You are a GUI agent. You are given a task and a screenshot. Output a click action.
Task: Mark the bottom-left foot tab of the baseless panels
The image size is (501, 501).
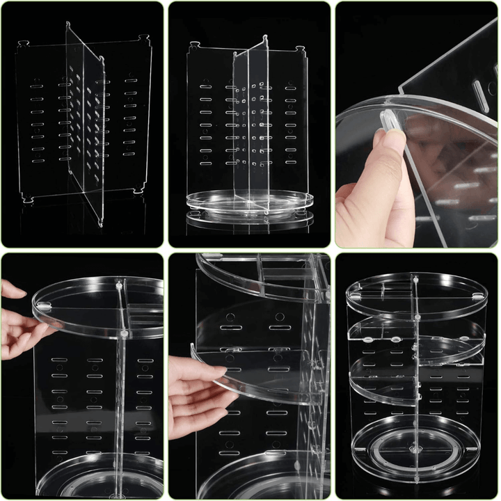click(28, 199)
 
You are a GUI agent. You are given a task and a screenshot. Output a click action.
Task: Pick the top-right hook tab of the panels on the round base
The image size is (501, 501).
click(300, 49)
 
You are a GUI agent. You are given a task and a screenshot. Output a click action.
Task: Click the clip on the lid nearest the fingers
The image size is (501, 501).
click(44, 307)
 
